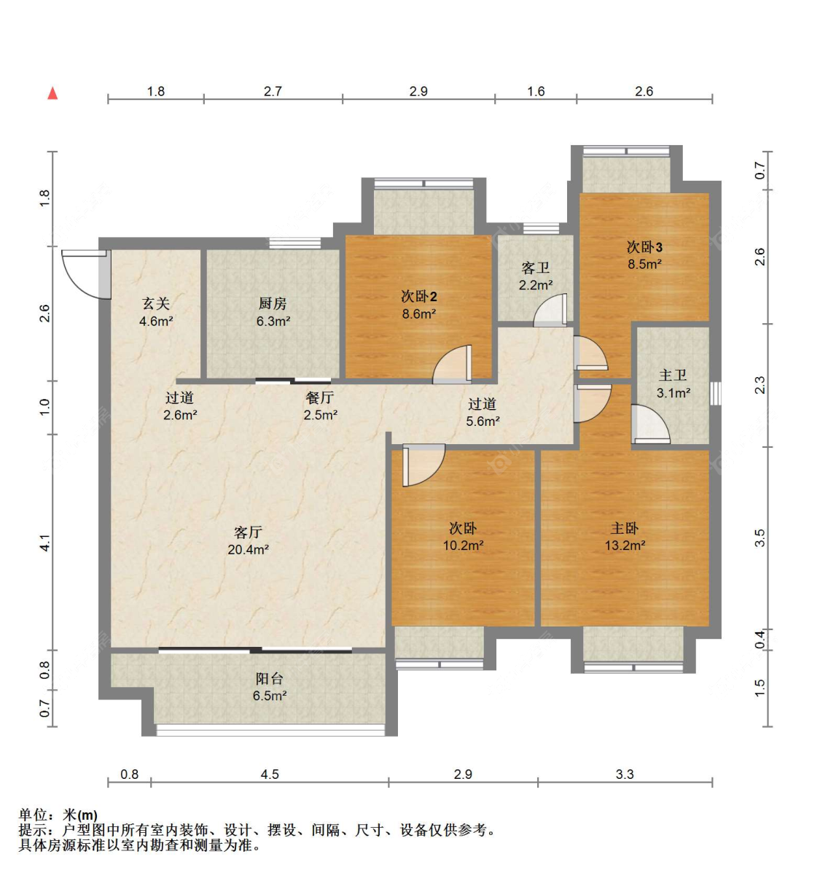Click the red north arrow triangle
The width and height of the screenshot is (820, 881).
[x=52, y=93]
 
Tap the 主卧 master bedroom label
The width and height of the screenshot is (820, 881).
[x=624, y=528]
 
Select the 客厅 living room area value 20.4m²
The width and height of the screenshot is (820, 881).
[x=248, y=550]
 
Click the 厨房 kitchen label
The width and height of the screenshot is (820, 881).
[x=273, y=303]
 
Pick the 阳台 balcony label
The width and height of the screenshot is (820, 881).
[x=269, y=679]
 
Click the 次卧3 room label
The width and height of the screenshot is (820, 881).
[x=644, y=247]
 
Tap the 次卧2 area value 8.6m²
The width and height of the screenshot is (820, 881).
[x=418, y=314]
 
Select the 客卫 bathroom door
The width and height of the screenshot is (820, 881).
[x=550, y=310]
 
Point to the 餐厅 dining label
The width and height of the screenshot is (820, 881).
[x=319, y=397]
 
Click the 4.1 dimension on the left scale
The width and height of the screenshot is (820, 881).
[x=44, y=543]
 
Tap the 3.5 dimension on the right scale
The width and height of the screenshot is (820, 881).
[x=760, y=537]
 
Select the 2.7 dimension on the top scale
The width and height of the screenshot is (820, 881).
[x=273, y=91]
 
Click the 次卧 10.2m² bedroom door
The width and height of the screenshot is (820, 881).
[x=423, y=465]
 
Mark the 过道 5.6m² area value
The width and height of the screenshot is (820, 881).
[x=483, y=421]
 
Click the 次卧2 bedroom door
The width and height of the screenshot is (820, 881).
[x=452, y=364]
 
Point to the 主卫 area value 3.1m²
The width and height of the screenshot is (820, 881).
[x=673, y=392]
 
